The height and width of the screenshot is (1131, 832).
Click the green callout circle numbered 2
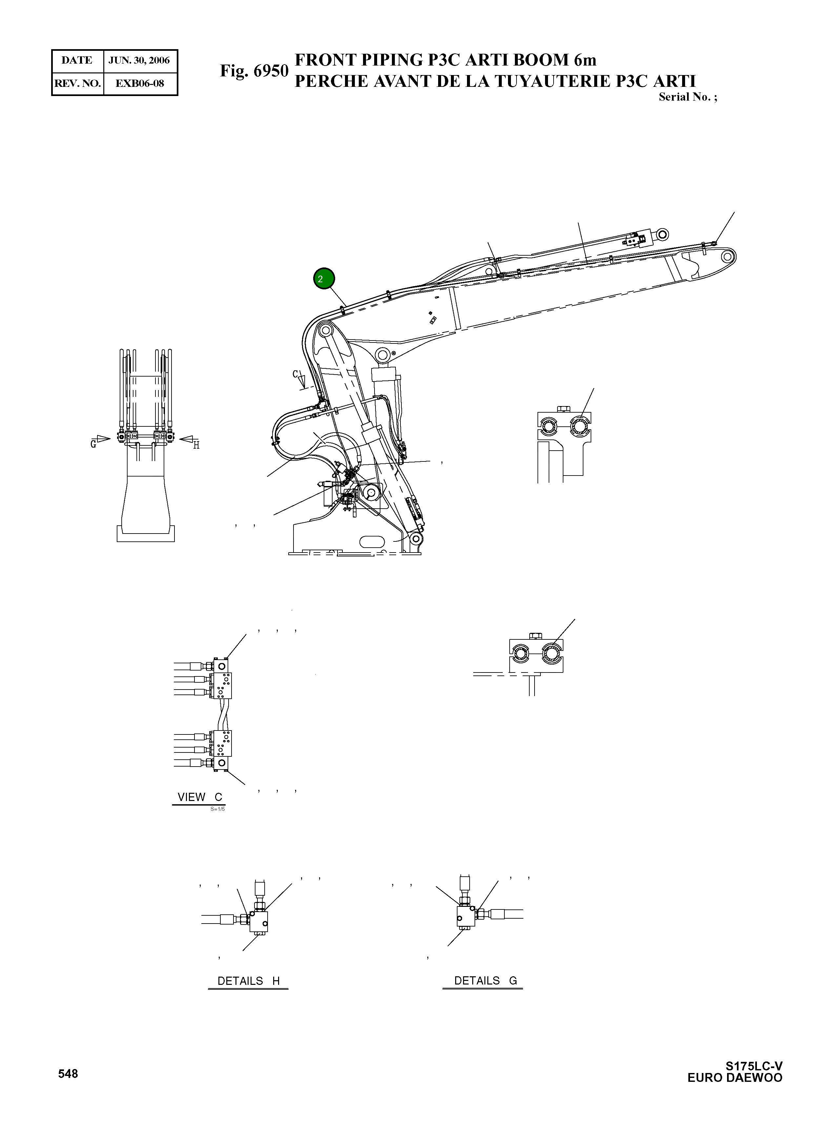click(x=324, y=279)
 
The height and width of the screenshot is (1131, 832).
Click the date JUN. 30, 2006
click(x=139, y=60)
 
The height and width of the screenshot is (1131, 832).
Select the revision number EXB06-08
click(x=139, y=84)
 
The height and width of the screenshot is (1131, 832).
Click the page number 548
click(x=68, y=1074)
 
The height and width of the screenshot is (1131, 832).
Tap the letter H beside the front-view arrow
click(x=196, y=445)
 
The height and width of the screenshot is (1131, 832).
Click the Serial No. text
click(x=687, y=97)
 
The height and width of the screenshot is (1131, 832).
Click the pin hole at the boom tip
click(x=727, y=257)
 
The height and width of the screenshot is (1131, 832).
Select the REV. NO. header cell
click(x=77, y=84)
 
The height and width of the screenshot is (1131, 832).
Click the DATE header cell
click(x=77, y=60)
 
